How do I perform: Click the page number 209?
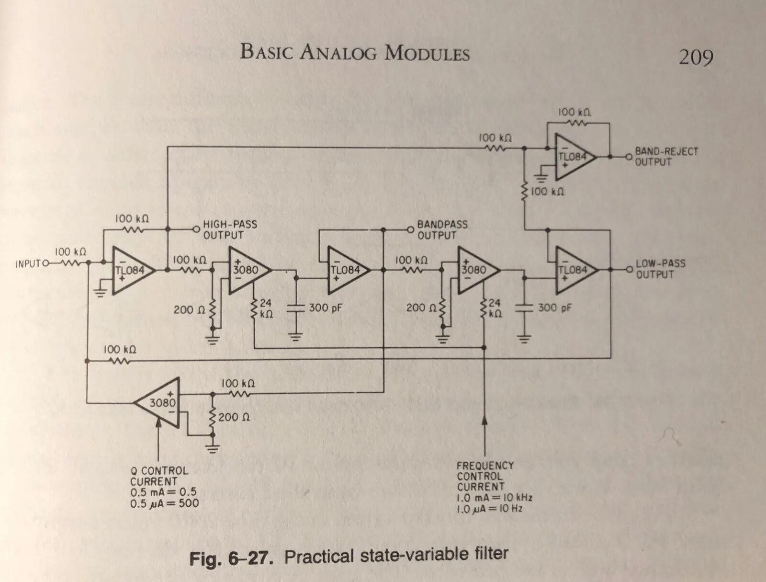(x=696, y=57)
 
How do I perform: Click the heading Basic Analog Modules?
(x=355, y=53)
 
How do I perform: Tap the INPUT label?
(x=29, y=264)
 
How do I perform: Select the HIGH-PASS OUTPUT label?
(x=230, y=230)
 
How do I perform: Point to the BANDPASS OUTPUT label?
(x=442, y=230)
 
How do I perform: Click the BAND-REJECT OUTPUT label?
(x=666, y=157)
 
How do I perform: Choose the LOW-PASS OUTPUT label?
(x=660, y=269)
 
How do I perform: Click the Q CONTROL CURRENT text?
(x=159, y=476)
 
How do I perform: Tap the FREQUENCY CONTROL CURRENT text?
(x=485, y=476)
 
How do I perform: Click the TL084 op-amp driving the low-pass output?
(x=574, y=270)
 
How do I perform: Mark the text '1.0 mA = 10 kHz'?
(x=494, y=498)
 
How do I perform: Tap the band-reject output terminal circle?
(x=629, y=157)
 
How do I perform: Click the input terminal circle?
(x=46, y=263)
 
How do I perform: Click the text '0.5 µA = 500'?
(x=164, y=503)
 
